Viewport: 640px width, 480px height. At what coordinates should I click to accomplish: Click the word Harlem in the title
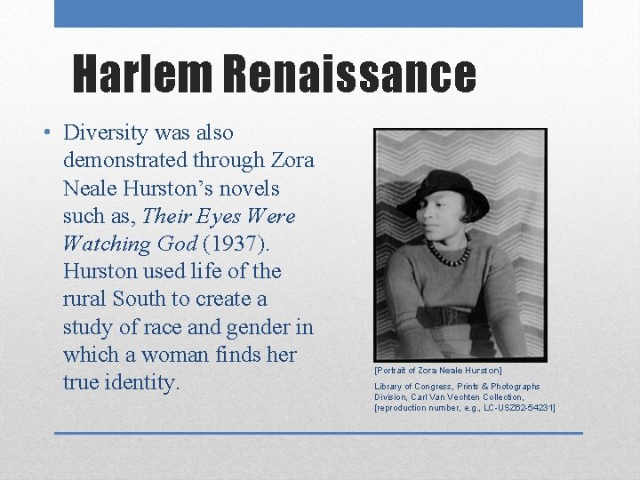[142, 74]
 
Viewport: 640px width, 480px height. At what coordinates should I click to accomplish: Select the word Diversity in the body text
[105, 133]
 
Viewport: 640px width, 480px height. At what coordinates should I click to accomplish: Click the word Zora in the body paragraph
[292, 161]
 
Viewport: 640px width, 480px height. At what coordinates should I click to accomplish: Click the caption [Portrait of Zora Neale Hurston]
[438, 370]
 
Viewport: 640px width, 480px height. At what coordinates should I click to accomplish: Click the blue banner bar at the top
[318, 13]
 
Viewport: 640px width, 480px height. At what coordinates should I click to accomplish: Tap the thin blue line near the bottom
[318, 433]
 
